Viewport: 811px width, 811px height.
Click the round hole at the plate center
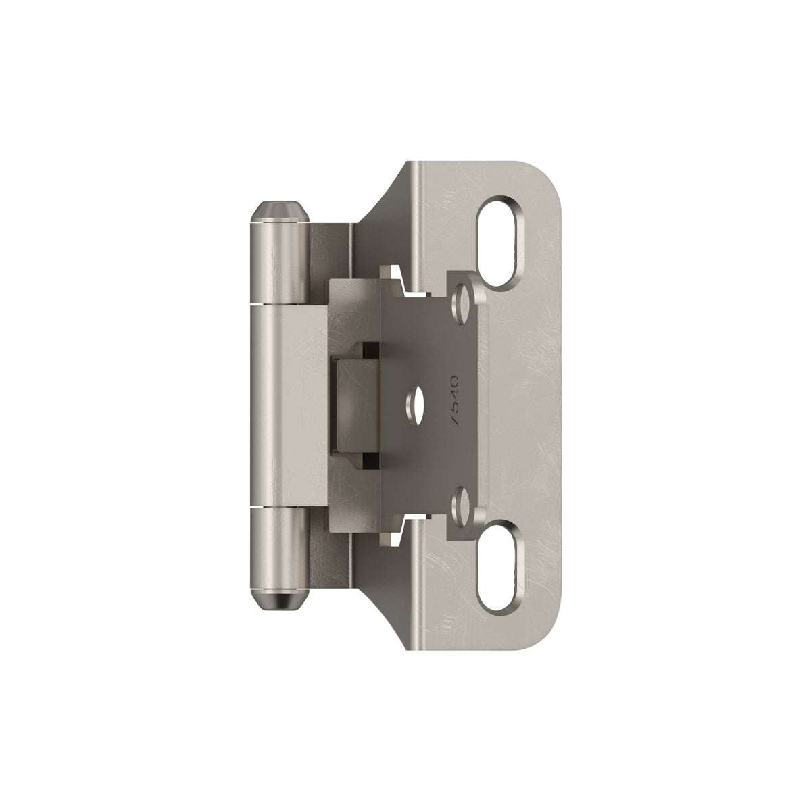click(414, 403)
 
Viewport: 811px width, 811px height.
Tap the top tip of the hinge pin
click(280, 202)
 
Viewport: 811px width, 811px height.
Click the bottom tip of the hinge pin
click(280, 606)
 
